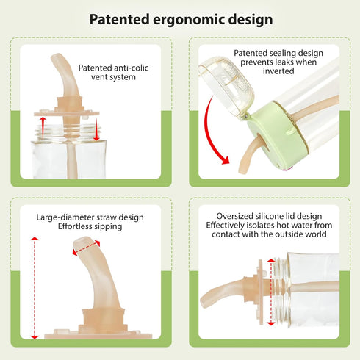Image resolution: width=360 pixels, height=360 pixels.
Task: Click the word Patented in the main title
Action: [x=119, y=19]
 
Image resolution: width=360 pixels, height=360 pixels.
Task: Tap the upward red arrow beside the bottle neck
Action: [x=43, y=128]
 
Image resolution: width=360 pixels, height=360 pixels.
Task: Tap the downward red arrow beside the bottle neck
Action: [x=96, y=129]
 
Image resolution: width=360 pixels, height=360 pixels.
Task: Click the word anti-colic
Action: [x=132, y=68]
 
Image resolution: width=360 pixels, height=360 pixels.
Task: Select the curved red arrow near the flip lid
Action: [x=211, y=132]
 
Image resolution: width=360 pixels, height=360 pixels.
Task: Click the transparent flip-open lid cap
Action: [x=226, y=86]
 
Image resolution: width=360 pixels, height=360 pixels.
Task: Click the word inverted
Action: [x=278, y=71]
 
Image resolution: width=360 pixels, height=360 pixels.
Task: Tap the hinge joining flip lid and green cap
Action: [x=245, y=116]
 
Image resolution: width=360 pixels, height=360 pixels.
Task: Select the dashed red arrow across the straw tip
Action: [x=86, y=248]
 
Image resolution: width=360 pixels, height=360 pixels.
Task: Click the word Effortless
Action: [x=76, y=226]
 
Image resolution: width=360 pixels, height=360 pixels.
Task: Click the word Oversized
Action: [x=234, y=216]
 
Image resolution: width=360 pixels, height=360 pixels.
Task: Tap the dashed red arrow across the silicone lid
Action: [x=271, y=292]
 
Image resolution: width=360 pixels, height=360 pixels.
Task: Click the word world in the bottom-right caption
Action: [x=315, y=234]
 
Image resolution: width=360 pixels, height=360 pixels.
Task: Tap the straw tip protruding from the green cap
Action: [x=242, y=170]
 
